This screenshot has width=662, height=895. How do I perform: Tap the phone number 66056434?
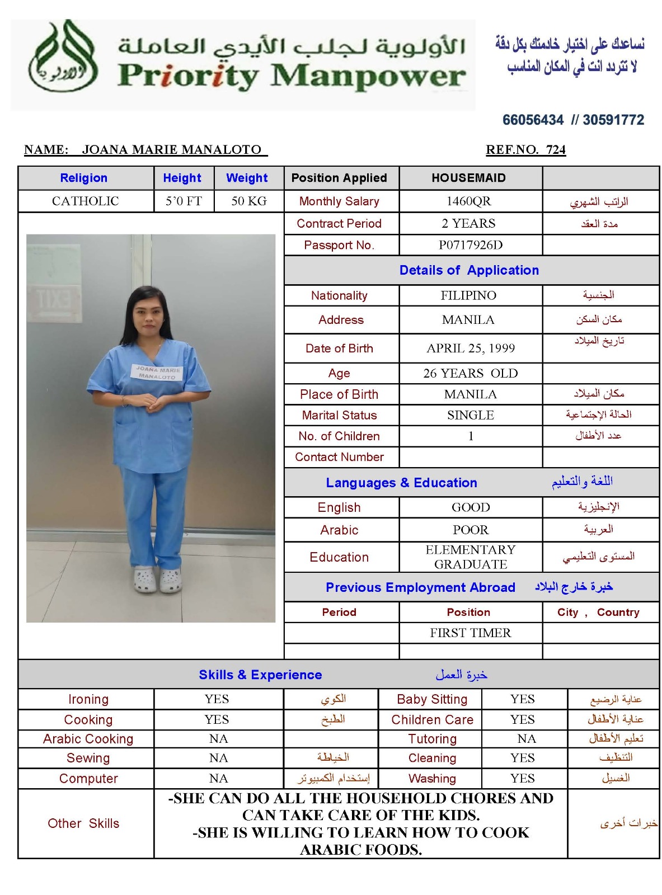(533, 120)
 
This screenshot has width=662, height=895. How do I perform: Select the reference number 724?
(556, 150)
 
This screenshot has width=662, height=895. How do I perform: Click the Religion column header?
(84, 178)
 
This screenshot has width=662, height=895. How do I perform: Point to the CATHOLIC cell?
(86, 201)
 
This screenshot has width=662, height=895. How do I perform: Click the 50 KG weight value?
(249, 201)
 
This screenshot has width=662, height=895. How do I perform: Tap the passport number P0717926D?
(470, 245)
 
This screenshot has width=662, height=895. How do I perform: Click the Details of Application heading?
(469, 270)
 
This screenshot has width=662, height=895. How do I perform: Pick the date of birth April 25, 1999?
(470, 348)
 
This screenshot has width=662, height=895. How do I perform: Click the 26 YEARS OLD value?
(470, 373)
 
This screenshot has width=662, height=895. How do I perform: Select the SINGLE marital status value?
(470, 415)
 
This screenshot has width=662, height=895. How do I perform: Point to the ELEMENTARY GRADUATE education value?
(470, 557)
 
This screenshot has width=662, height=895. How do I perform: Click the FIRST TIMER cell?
(470, 633)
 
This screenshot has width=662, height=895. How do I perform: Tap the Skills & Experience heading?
(260, 675)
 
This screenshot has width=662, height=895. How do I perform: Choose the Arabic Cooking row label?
(88, 739)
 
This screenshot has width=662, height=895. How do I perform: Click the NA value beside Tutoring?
(526, 739)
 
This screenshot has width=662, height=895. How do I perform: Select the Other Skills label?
(83, 823)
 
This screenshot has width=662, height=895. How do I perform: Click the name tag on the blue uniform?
(157, 373)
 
